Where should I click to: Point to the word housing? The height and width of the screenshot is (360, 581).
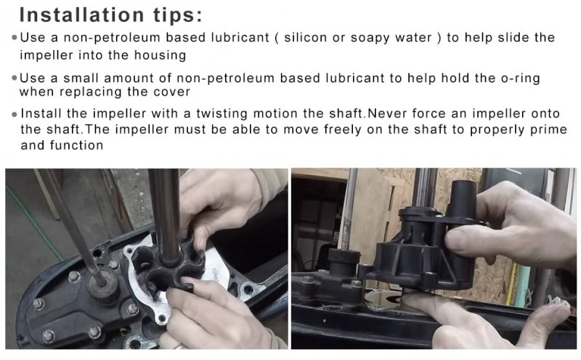point(160,56)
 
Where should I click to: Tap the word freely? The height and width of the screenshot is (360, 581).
point(342,130)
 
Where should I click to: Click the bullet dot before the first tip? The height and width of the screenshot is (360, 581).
point(15,38)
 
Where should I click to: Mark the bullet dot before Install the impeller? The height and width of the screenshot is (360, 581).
point(15,115)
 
